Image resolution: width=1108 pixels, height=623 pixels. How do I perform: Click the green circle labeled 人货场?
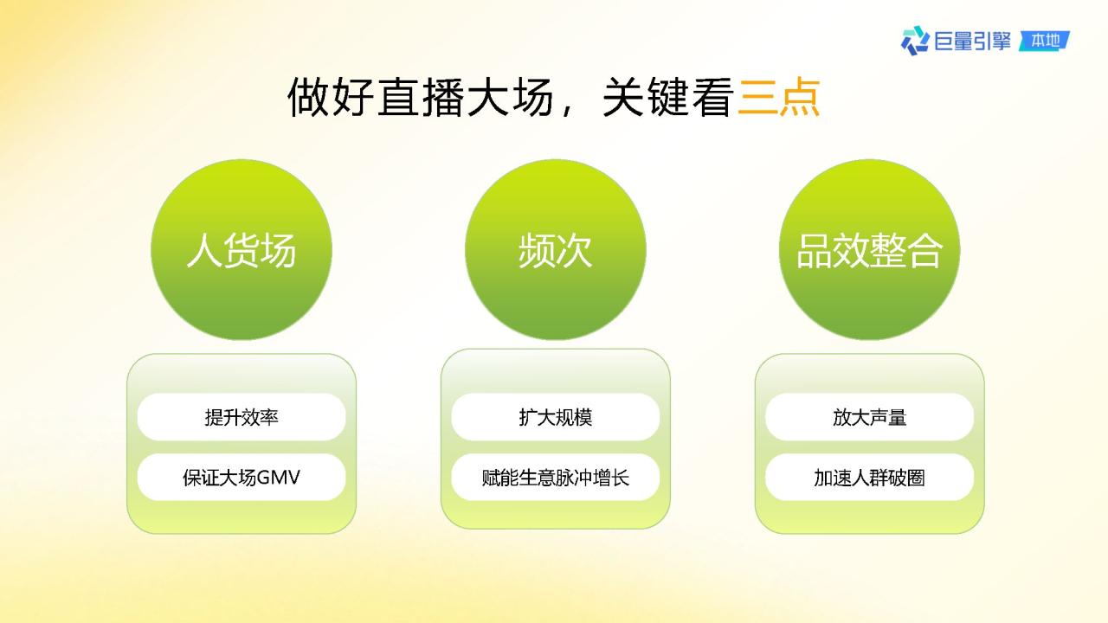242,250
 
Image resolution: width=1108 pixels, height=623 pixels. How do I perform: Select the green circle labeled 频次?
556,250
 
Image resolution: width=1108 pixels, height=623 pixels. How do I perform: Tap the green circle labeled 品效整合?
870,250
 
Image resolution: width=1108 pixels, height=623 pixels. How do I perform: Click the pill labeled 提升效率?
242,417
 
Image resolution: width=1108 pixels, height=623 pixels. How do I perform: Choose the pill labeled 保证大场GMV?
242,478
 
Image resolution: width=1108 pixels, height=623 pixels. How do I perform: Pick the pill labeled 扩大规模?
556,417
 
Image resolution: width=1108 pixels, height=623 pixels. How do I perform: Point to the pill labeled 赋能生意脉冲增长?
556,478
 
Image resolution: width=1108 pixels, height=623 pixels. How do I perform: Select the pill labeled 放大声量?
870,417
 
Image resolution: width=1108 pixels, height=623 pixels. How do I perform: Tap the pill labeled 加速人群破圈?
870,478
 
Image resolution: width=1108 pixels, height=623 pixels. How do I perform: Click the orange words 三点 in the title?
779,97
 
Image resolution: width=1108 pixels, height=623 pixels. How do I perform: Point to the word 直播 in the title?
422,97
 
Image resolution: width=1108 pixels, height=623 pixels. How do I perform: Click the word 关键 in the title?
646,97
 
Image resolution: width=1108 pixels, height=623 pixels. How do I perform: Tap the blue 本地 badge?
1044,41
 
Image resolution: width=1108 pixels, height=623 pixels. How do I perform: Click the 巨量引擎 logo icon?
915,41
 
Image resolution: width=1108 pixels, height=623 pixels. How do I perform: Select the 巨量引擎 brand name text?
972,41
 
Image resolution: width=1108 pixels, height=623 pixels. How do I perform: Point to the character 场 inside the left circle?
279,250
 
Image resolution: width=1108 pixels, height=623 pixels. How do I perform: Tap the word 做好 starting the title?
331,97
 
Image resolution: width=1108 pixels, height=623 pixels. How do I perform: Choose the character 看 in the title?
712,97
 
